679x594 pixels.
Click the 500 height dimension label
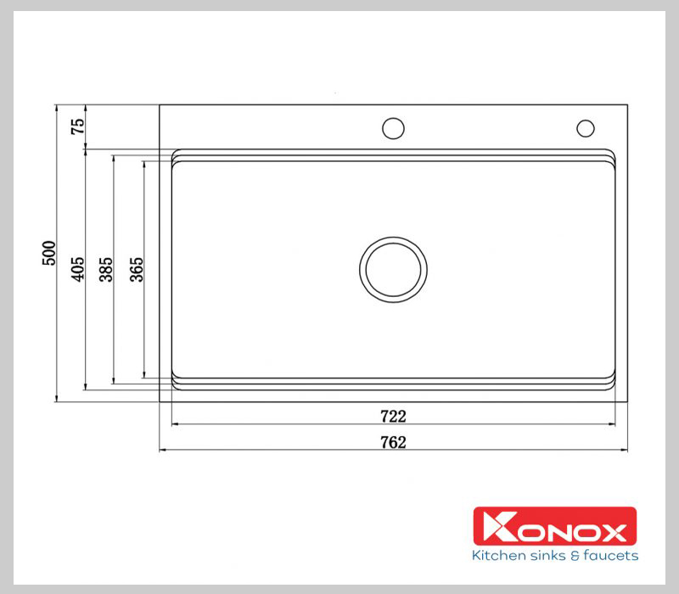point(50,253)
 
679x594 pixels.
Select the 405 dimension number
point(78,269)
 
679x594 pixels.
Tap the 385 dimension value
point(107,269)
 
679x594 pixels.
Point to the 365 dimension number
point(137,269)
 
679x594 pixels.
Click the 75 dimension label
point(78,127)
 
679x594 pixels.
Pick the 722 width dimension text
point(393,417)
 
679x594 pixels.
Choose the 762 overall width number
point(393,442)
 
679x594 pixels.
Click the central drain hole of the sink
point(393,268)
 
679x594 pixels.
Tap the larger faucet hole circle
point(393,128)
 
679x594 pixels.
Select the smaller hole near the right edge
point(586,128)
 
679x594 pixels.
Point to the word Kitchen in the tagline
point(497,557)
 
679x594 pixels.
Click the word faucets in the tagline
point(611,557)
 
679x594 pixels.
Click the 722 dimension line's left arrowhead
point(175,424)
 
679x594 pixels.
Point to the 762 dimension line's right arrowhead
point(624,450)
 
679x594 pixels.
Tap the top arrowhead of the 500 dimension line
point(56,108)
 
